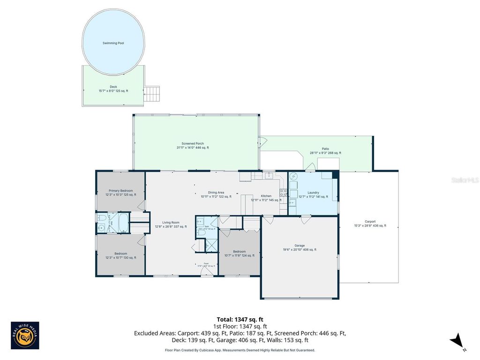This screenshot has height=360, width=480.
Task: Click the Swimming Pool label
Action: (x=113, y=43)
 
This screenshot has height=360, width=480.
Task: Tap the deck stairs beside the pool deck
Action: (x=152, y=93)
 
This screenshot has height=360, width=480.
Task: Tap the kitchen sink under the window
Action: (x=269, y=176)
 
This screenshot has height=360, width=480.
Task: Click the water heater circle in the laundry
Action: (x=294, y=176)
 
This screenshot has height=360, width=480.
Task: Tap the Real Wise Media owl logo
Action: (x=25, y=336)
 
